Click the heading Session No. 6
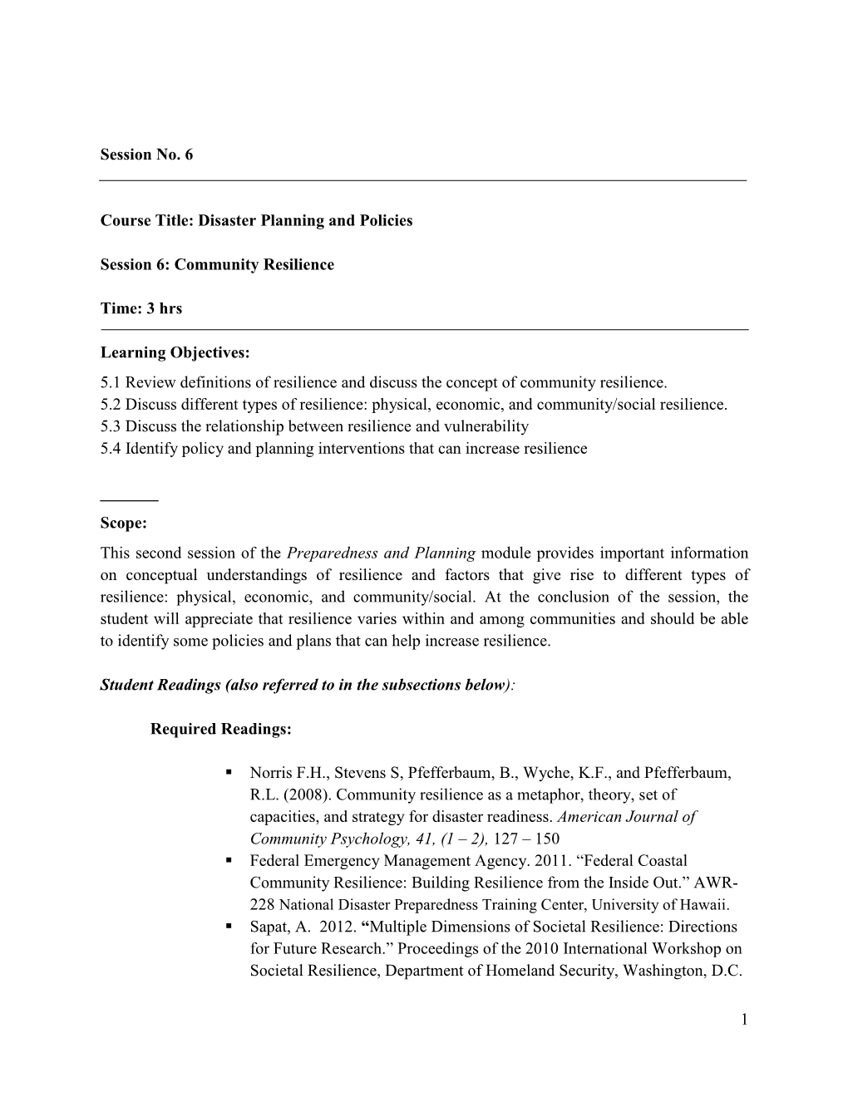[x=146, y=155]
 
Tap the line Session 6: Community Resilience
[x=217, y=264]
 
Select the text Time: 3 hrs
[x=141, y=308]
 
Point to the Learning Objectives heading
[x=175, y=352]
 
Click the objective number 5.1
[x=111, y=383]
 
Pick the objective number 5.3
[x=111, y=426]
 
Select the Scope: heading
[x=123, y=524]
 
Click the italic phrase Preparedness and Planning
[x=381, y=553]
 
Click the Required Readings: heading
[x=221, y=729]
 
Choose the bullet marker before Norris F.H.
[x=228, y=773]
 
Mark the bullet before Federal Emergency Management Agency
[x=228, y=861]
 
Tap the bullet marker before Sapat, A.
[x=228, y=927]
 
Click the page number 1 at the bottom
[x=742, y=1018]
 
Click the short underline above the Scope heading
[x=129, y=500]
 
